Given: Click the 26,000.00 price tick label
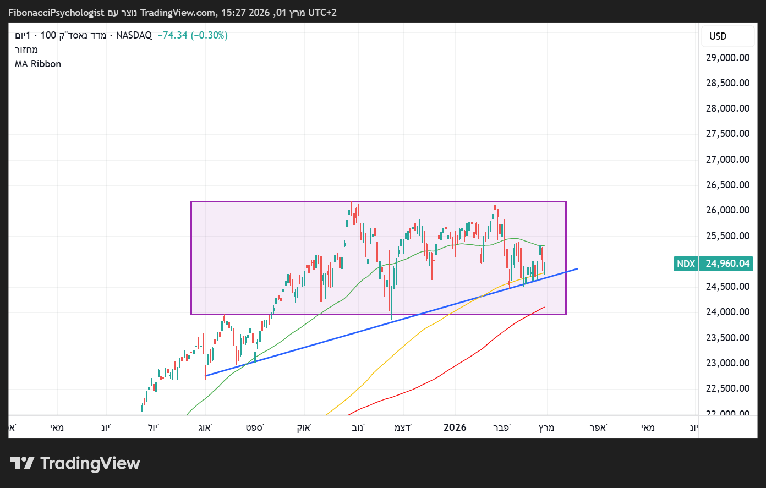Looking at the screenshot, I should [727, 210].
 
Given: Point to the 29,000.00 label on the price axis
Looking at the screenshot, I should [727, 58].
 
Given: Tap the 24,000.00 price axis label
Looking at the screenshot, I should [727, 312].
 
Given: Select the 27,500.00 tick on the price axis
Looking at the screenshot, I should [727, 134].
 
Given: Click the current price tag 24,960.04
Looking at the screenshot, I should [727, 264].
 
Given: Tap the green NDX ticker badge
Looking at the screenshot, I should [686, 264].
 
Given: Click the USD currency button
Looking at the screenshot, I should [718, 36].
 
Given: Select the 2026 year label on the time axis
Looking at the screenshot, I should [455, 427].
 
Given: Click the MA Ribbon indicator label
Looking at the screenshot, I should [38, 64].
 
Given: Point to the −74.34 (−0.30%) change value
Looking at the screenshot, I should [193, 35].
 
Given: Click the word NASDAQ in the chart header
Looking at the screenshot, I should [134, 35].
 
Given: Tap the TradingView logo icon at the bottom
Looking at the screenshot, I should [22, 463].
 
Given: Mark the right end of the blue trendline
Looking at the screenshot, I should [577, 268].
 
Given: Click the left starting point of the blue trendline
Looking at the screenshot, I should [206, 376].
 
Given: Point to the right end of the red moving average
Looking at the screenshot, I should [545, 307].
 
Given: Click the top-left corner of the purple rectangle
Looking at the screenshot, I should [191, 202].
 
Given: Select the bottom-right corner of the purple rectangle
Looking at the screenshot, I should [566, 314].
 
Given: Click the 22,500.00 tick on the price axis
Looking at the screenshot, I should [727, 388].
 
